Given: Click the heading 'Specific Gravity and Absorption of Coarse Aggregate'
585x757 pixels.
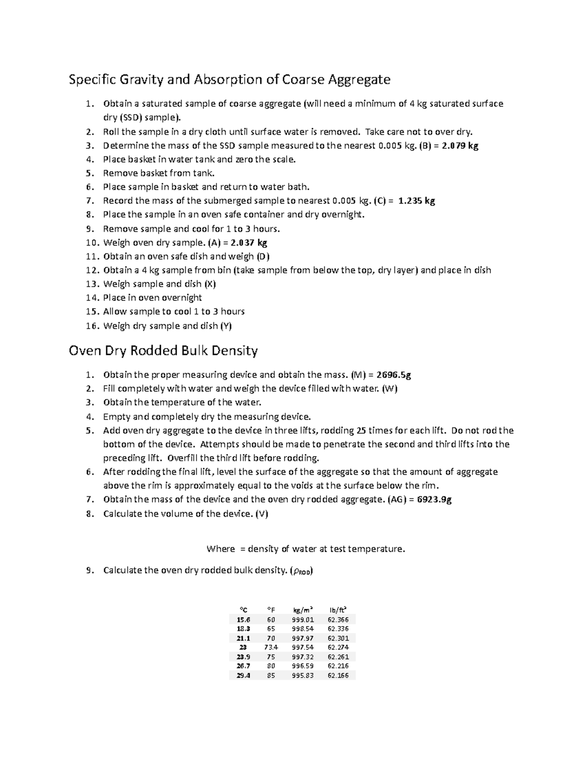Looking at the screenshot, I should point(229,79).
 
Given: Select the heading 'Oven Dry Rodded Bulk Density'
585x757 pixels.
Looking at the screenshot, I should point(163,350).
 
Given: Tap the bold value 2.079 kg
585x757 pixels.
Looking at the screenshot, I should point(460,145).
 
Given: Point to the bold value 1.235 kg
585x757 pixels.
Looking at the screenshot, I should point(416,201).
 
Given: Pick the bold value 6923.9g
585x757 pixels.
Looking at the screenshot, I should point(434,500).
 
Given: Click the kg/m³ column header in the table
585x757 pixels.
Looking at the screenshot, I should point(303,610).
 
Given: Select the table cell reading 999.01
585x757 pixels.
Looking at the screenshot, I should point(303,620).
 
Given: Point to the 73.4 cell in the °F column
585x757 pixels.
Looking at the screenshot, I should point(271,647).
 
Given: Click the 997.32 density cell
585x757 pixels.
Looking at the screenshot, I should point(303,657).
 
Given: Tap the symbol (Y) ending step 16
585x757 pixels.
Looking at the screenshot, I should point(226,326).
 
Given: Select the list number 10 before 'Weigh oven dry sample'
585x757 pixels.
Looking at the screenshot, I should point(92,243).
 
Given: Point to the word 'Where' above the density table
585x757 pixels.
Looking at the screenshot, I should point(221,549).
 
